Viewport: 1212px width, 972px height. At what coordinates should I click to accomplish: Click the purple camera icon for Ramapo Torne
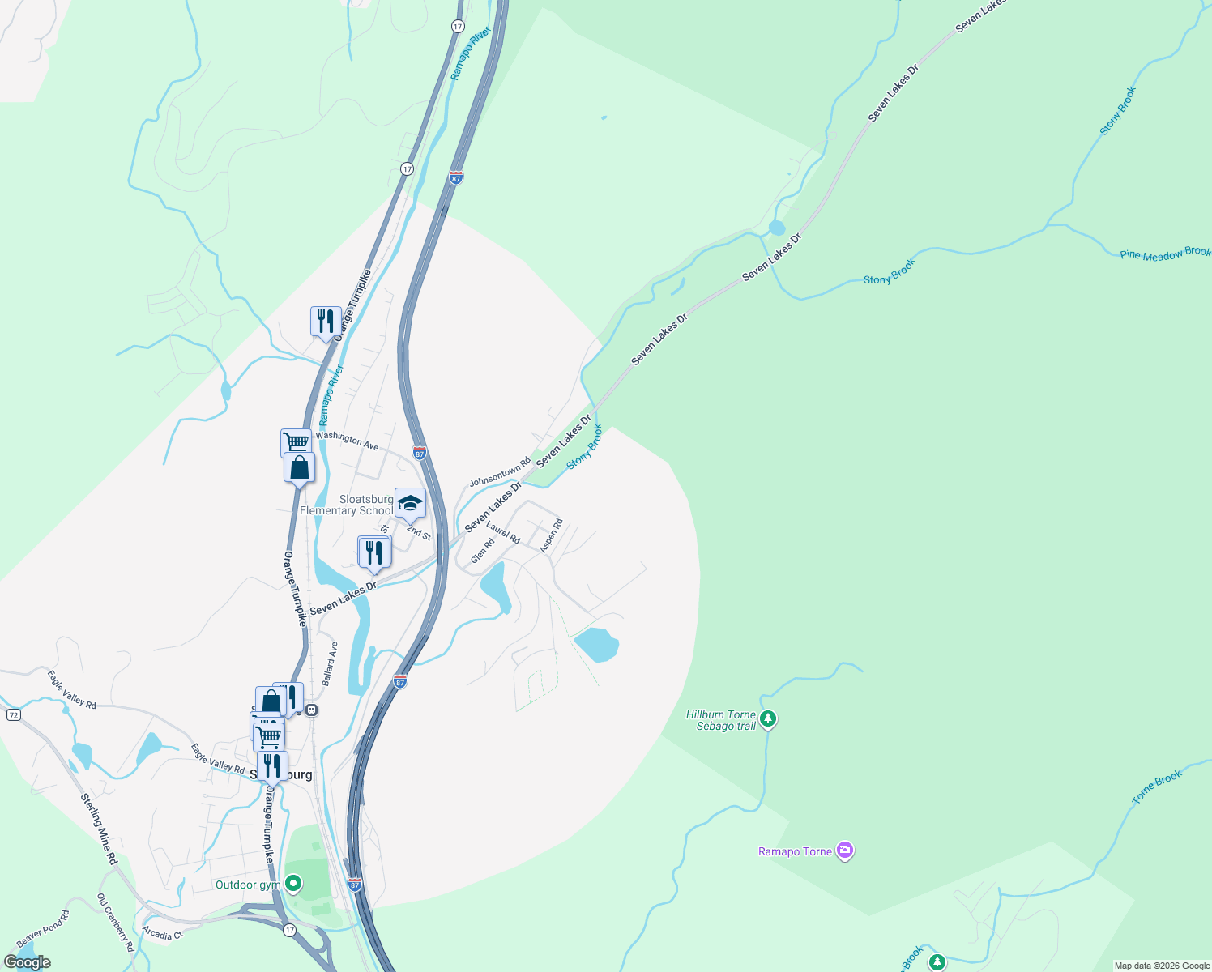point(845,850)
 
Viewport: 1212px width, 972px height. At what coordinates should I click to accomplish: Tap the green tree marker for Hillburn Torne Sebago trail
point(768,718)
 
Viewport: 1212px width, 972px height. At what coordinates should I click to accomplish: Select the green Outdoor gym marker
point(294,884)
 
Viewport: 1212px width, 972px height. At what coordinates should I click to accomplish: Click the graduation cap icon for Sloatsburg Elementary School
point(410,503)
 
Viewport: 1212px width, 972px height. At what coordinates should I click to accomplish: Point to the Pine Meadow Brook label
point(1165,254)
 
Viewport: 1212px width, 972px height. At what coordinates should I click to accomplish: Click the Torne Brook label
point(1157,787)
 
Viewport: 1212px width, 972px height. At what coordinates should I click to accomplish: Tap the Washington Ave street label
point(347,441)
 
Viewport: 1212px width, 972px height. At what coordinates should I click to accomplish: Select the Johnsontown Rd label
point(500,471)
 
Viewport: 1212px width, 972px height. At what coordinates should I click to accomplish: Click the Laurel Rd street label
point(503,533)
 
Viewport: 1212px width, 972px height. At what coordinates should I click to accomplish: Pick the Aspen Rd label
point(551,536)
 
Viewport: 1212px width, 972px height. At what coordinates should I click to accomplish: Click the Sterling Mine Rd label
point(99,829)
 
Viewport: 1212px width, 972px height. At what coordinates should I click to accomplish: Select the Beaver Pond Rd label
point(43,929)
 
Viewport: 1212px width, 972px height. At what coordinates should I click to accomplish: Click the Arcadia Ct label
point(162,934)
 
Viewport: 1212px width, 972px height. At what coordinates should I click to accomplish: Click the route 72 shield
point(13,715)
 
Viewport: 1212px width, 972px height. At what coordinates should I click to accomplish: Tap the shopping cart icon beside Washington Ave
point(297,442)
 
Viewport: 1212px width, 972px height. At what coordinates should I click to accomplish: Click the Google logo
point(28,962)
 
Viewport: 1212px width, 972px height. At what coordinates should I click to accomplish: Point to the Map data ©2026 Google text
point(1162,966)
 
